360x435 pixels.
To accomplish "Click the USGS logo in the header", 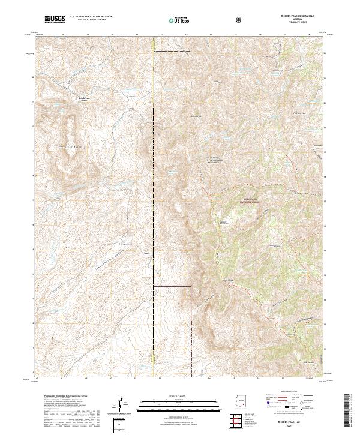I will click(x=55, y=20).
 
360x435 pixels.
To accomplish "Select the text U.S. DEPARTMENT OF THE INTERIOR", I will click(x=91, y=17).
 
